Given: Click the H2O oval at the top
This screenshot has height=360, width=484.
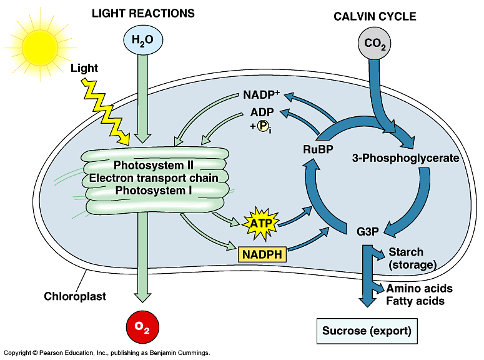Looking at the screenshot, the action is [143, 40].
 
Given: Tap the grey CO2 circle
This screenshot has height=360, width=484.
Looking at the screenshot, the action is [375, 43].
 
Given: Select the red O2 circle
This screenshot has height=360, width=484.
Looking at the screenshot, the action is [142, 327].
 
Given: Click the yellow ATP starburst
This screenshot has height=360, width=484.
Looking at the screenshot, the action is [261, 224].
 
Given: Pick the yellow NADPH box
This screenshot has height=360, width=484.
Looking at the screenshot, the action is [262, 254].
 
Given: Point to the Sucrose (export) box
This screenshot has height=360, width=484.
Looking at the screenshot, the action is [367, 331].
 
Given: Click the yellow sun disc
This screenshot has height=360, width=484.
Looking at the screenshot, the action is [40, 47].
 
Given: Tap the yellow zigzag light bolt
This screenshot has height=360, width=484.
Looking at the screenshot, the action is [106, 112].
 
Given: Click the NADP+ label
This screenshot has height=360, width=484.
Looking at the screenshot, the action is [261, 94].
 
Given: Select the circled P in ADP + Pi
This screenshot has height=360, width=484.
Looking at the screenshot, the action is [263, 126].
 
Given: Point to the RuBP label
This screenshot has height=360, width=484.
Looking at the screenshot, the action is [318, 149].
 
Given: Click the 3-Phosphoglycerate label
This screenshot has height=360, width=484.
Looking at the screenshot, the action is [405, 158].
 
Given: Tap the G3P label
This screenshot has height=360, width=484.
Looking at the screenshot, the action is [368, 231].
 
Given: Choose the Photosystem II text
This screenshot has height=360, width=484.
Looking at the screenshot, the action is [154, 166].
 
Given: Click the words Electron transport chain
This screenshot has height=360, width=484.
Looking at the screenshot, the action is [154, 178].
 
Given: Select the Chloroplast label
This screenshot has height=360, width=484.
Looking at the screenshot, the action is [75, 296].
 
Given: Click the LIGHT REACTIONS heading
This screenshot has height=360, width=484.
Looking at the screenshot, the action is [143, 13].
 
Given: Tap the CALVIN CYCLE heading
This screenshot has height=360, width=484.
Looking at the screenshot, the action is [375, 16].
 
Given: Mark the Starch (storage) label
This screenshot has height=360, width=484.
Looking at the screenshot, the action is [412, 258].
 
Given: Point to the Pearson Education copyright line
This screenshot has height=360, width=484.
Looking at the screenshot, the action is [107, 353].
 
